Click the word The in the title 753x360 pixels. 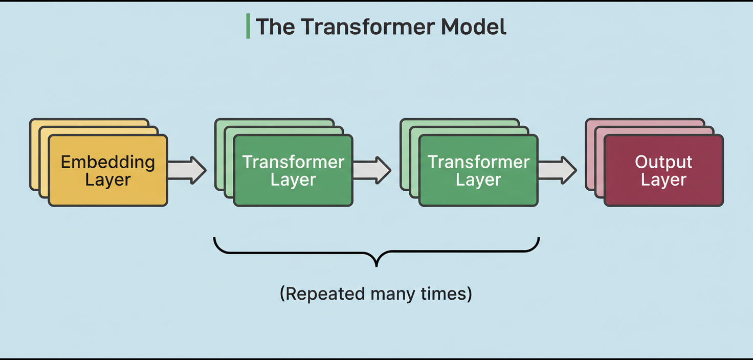point(275,27)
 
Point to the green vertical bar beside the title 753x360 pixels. point(248,27)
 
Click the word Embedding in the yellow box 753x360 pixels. point(108,162)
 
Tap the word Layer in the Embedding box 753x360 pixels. point(108,180)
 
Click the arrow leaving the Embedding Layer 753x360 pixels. point(187,170)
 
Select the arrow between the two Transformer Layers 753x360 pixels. point(372,170)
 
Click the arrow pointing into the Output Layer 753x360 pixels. point(557,170)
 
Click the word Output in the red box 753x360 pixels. point(663,162)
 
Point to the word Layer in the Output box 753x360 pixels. point(663,180)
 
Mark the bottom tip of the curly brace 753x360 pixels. point(376,265)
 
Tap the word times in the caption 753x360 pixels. point(447,294)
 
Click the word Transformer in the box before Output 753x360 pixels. point(478,162)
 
